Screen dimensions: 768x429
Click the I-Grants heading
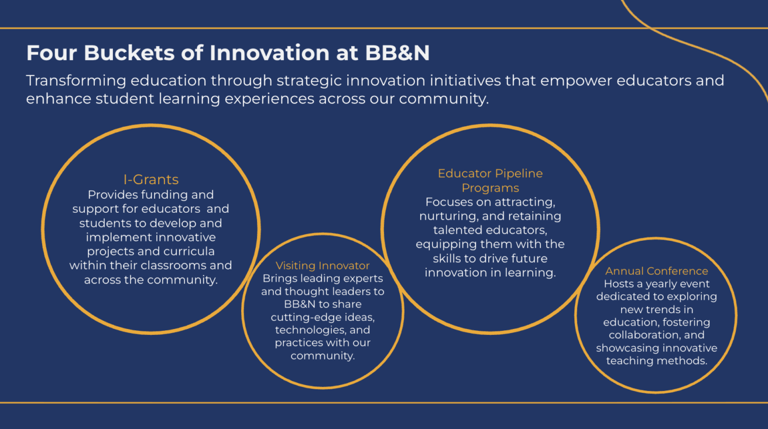coord(151,179)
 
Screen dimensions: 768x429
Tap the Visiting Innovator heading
coord(323,266)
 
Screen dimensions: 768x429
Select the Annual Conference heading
coord(657,271)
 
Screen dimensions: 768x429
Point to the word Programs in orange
coord(491,188)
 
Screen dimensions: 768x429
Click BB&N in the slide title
coord(397,53)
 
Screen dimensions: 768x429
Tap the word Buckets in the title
coord(129,53)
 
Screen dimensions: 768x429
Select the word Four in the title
coord(52,53)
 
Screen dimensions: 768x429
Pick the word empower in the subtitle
coord(575,81)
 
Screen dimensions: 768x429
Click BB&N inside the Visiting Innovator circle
coord(300,304)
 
